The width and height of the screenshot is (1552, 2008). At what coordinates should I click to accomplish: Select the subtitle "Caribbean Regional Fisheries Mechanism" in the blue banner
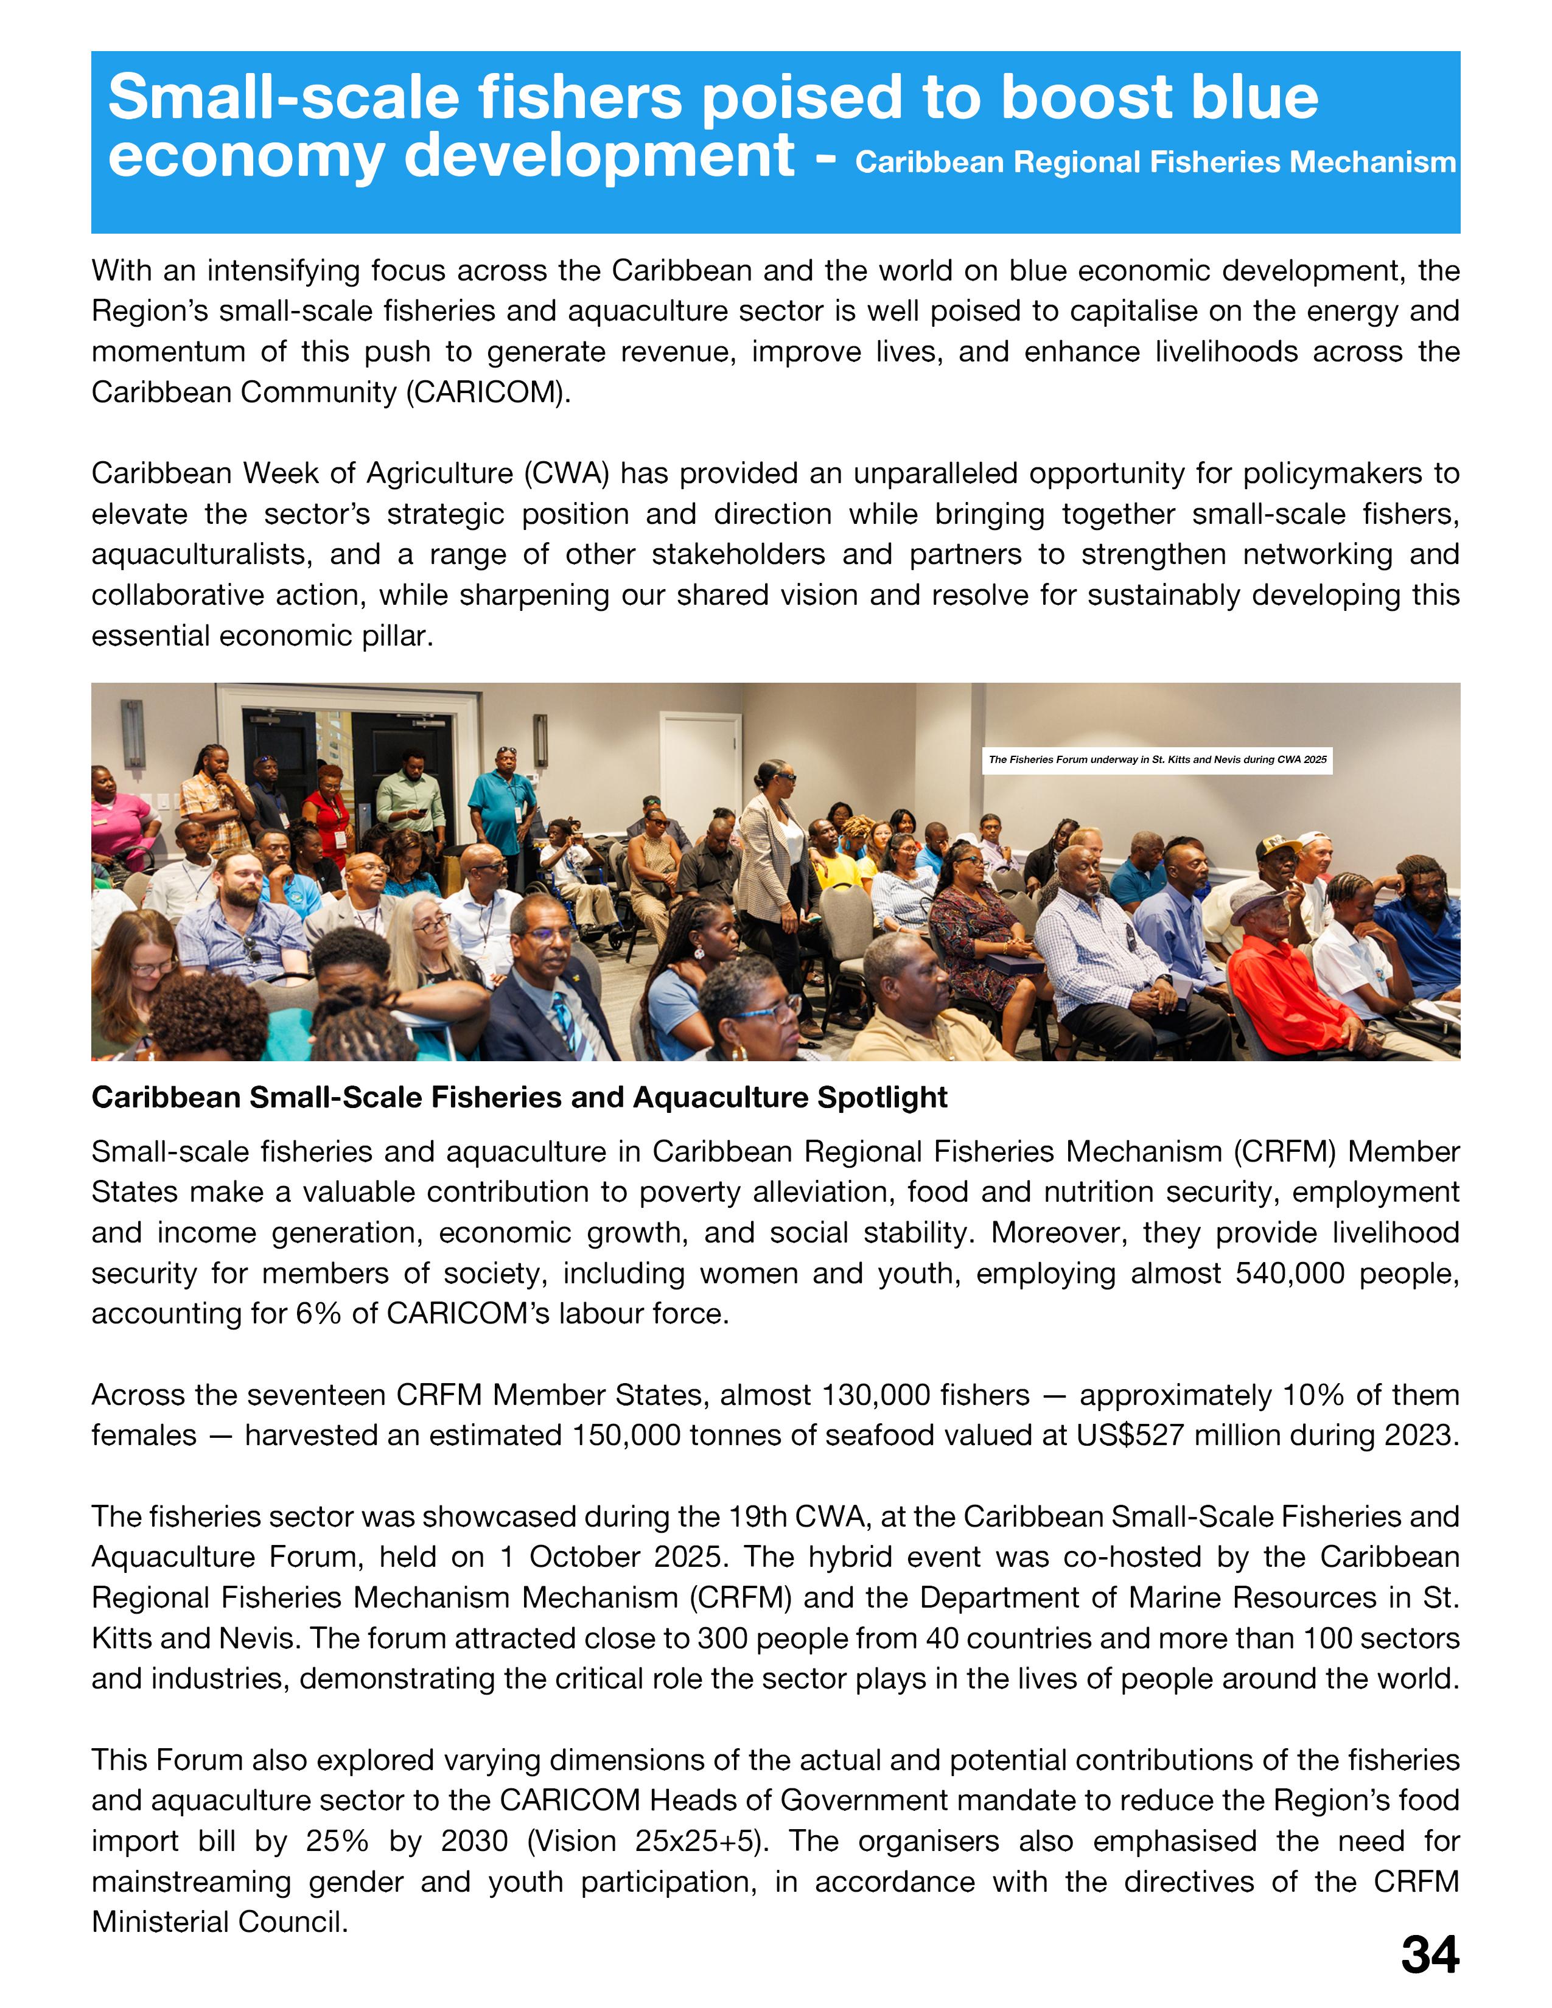point(1155,162)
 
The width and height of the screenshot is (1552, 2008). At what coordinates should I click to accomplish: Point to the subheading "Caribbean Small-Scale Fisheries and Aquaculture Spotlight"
point(520,1098)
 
